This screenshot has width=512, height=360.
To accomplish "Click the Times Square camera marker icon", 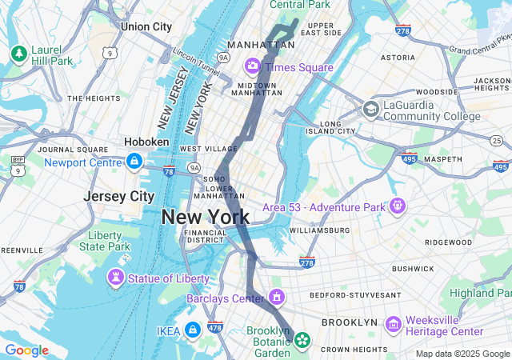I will point(253,66).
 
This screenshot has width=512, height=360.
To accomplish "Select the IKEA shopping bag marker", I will point(193,329).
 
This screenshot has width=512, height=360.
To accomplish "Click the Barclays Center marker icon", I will point(276,298).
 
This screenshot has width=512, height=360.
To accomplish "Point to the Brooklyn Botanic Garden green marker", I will point(302,340).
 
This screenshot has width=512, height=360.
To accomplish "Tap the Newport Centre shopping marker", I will point(134,162).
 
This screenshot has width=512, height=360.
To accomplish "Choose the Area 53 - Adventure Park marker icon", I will point(398,207).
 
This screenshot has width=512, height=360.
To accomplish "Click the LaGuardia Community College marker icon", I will point(370,108).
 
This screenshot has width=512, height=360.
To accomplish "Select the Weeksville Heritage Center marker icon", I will point(393,324).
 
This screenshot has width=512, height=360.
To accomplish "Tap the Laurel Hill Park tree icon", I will point(18,53).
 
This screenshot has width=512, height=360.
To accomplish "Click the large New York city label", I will point(205,217).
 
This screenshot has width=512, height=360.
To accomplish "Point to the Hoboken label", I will point(146,142).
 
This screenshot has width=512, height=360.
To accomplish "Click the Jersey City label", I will point(119,196).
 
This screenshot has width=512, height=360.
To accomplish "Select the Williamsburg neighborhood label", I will point(319,230).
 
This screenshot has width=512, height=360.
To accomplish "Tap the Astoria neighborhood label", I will point(398,58).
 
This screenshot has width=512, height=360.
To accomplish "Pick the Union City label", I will point(146,26).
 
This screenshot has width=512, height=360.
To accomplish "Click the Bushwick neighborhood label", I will point(413,269).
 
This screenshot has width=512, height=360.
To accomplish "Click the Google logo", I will point(26,350).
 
